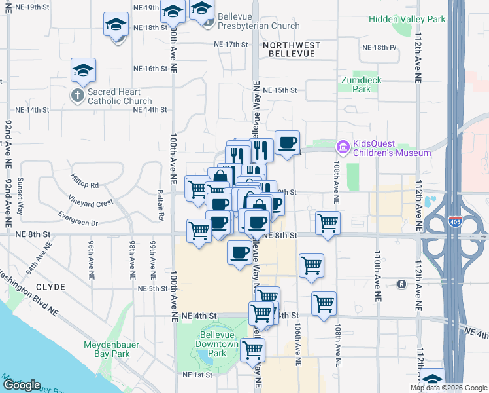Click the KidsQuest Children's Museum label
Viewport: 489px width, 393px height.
pos(392,148)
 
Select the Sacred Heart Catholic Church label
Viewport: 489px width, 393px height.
pos(119,96)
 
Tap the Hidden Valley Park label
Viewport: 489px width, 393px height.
pos(407,19)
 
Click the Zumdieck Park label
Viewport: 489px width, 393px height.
pos(361,84)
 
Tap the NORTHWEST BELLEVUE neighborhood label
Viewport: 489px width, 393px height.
pos(292,49)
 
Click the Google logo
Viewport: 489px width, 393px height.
pos(22,385)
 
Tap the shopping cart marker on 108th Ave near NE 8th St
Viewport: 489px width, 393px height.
pos(328,222)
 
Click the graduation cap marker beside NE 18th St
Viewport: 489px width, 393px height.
pos(116,25)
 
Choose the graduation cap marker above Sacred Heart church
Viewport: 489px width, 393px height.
pos(84,69)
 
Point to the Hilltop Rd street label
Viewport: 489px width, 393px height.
pos(85,185)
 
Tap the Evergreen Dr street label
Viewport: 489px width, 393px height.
pos(77,223)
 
